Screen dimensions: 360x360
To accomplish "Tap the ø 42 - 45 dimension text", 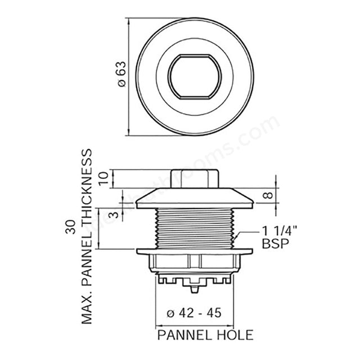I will coord(193,313).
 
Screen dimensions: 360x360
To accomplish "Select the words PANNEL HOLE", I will coord(197,335).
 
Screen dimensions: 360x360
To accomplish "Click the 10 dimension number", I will coord(102,179).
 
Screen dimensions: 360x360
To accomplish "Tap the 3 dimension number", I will coord(114,215).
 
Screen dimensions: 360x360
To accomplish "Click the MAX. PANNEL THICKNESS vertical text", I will coord(87,236).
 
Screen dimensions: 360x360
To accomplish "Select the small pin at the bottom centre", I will coord(194,289).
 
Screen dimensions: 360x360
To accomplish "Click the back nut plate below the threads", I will coord(194,250).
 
